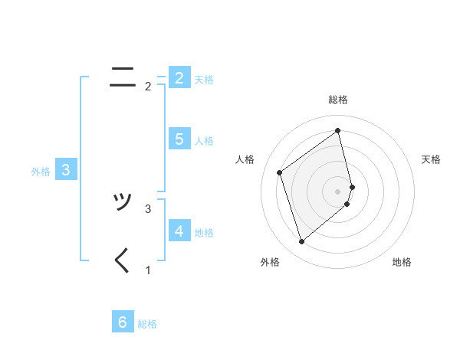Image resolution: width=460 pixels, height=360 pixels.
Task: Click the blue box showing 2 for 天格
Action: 179,78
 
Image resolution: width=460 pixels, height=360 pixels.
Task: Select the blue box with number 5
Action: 179,139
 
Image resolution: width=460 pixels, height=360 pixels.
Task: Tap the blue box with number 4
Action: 179,231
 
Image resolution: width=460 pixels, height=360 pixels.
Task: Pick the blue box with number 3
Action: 66,170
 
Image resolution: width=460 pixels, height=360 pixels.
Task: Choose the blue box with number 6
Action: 123,322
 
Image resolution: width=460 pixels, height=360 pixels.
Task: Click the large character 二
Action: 123,76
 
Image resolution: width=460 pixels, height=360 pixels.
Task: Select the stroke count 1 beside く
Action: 148,270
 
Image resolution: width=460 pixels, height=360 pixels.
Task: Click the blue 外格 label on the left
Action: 41,172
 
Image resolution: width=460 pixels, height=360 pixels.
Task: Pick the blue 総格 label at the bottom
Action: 147,324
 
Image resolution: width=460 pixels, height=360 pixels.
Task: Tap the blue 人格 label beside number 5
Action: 204,141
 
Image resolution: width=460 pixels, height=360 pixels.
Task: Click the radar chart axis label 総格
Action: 338,100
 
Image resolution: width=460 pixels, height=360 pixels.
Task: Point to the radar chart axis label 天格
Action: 432,159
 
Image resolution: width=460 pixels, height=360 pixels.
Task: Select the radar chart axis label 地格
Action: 402,262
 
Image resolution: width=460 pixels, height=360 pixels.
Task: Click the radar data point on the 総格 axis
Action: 338,131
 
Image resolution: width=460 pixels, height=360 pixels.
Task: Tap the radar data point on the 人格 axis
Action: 280,172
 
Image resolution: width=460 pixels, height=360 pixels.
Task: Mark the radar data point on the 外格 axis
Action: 301,242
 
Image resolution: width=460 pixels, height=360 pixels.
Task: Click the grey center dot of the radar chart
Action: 338,191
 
